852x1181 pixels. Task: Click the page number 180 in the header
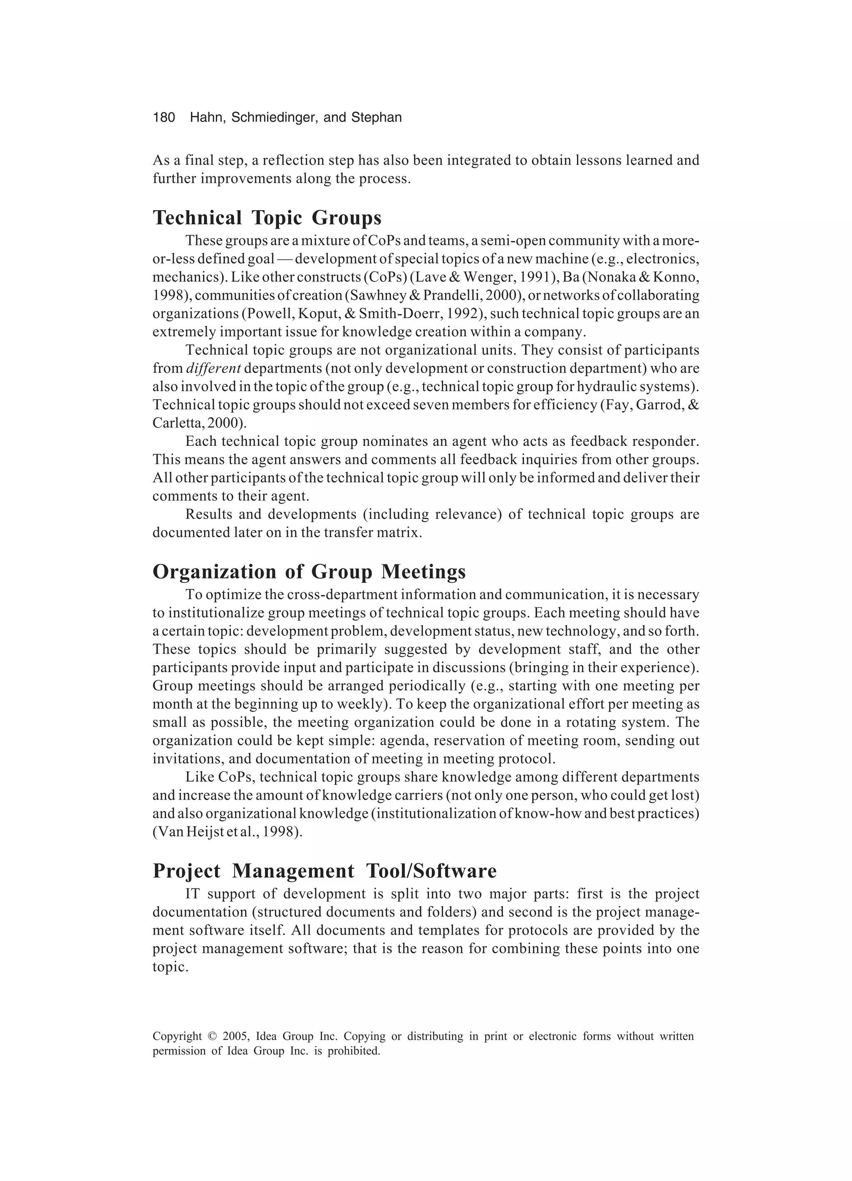[x=164, y=118]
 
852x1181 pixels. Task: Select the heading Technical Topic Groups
[x=267, y=218]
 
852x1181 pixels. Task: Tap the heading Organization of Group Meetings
[x=309, y=572]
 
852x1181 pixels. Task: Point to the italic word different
[x=213, y=369]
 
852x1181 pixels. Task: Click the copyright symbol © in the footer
[x=211, y=1036]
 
